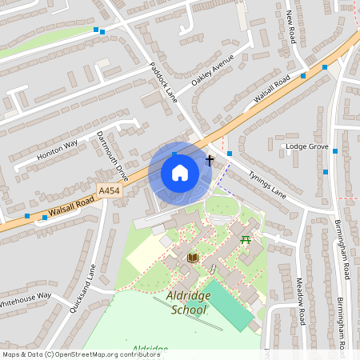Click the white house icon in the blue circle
(x=180, y=172)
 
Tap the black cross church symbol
(x=210, y=160)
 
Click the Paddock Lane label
(x=163, y=82)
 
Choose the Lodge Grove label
(x=307, y=147)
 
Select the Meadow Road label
(x=301, y=301)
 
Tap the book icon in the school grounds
(x=192, y=257)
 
